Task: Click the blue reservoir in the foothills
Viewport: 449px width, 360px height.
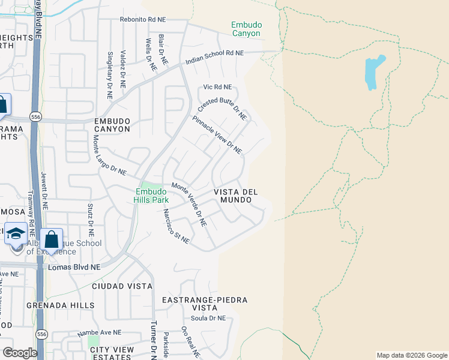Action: [373, 71]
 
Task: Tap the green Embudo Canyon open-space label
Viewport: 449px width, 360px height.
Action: [246, 29]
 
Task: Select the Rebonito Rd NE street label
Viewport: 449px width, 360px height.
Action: [142, 19]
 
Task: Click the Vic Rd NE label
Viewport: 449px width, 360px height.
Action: [217, 87]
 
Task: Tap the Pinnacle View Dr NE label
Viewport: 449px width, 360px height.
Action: [217, 135]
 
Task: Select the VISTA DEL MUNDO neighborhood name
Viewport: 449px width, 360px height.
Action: [237, 196]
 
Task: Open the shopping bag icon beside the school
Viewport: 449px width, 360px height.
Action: [52, 239]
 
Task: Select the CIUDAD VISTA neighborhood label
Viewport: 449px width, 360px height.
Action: [122, 286]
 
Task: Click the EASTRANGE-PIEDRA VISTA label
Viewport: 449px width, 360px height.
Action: [205, 304]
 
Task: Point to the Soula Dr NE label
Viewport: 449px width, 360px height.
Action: [209, 318]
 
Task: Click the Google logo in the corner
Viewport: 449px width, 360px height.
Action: [19, 353]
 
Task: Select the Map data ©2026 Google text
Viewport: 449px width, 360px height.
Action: [412, 355]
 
